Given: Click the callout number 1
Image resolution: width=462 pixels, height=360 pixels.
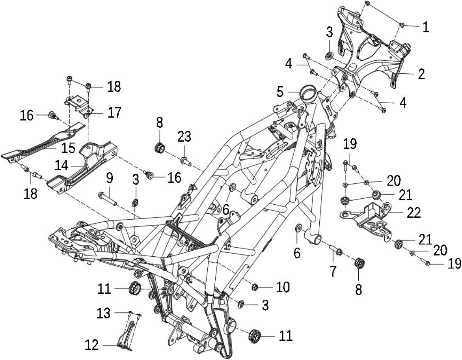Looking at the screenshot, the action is point(425,27).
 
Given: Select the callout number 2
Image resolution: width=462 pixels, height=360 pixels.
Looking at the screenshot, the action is point(422,74).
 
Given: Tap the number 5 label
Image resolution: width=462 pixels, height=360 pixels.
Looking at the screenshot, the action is point(280,92).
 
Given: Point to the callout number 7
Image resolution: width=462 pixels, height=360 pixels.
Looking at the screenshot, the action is point(333,271).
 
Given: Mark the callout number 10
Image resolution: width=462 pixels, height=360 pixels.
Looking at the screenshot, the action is point(283,287).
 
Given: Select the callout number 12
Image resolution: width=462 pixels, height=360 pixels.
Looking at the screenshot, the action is point(92,345).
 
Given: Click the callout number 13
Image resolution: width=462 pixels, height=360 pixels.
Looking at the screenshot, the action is point(104,313).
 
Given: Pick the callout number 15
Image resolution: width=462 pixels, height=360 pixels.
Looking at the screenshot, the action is point(68,148).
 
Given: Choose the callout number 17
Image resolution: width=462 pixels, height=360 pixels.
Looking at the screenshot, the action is point(114,112).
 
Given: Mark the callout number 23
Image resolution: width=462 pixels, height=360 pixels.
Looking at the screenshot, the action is point(184,137).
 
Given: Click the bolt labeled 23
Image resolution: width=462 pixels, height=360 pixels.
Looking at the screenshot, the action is point(184,161).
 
